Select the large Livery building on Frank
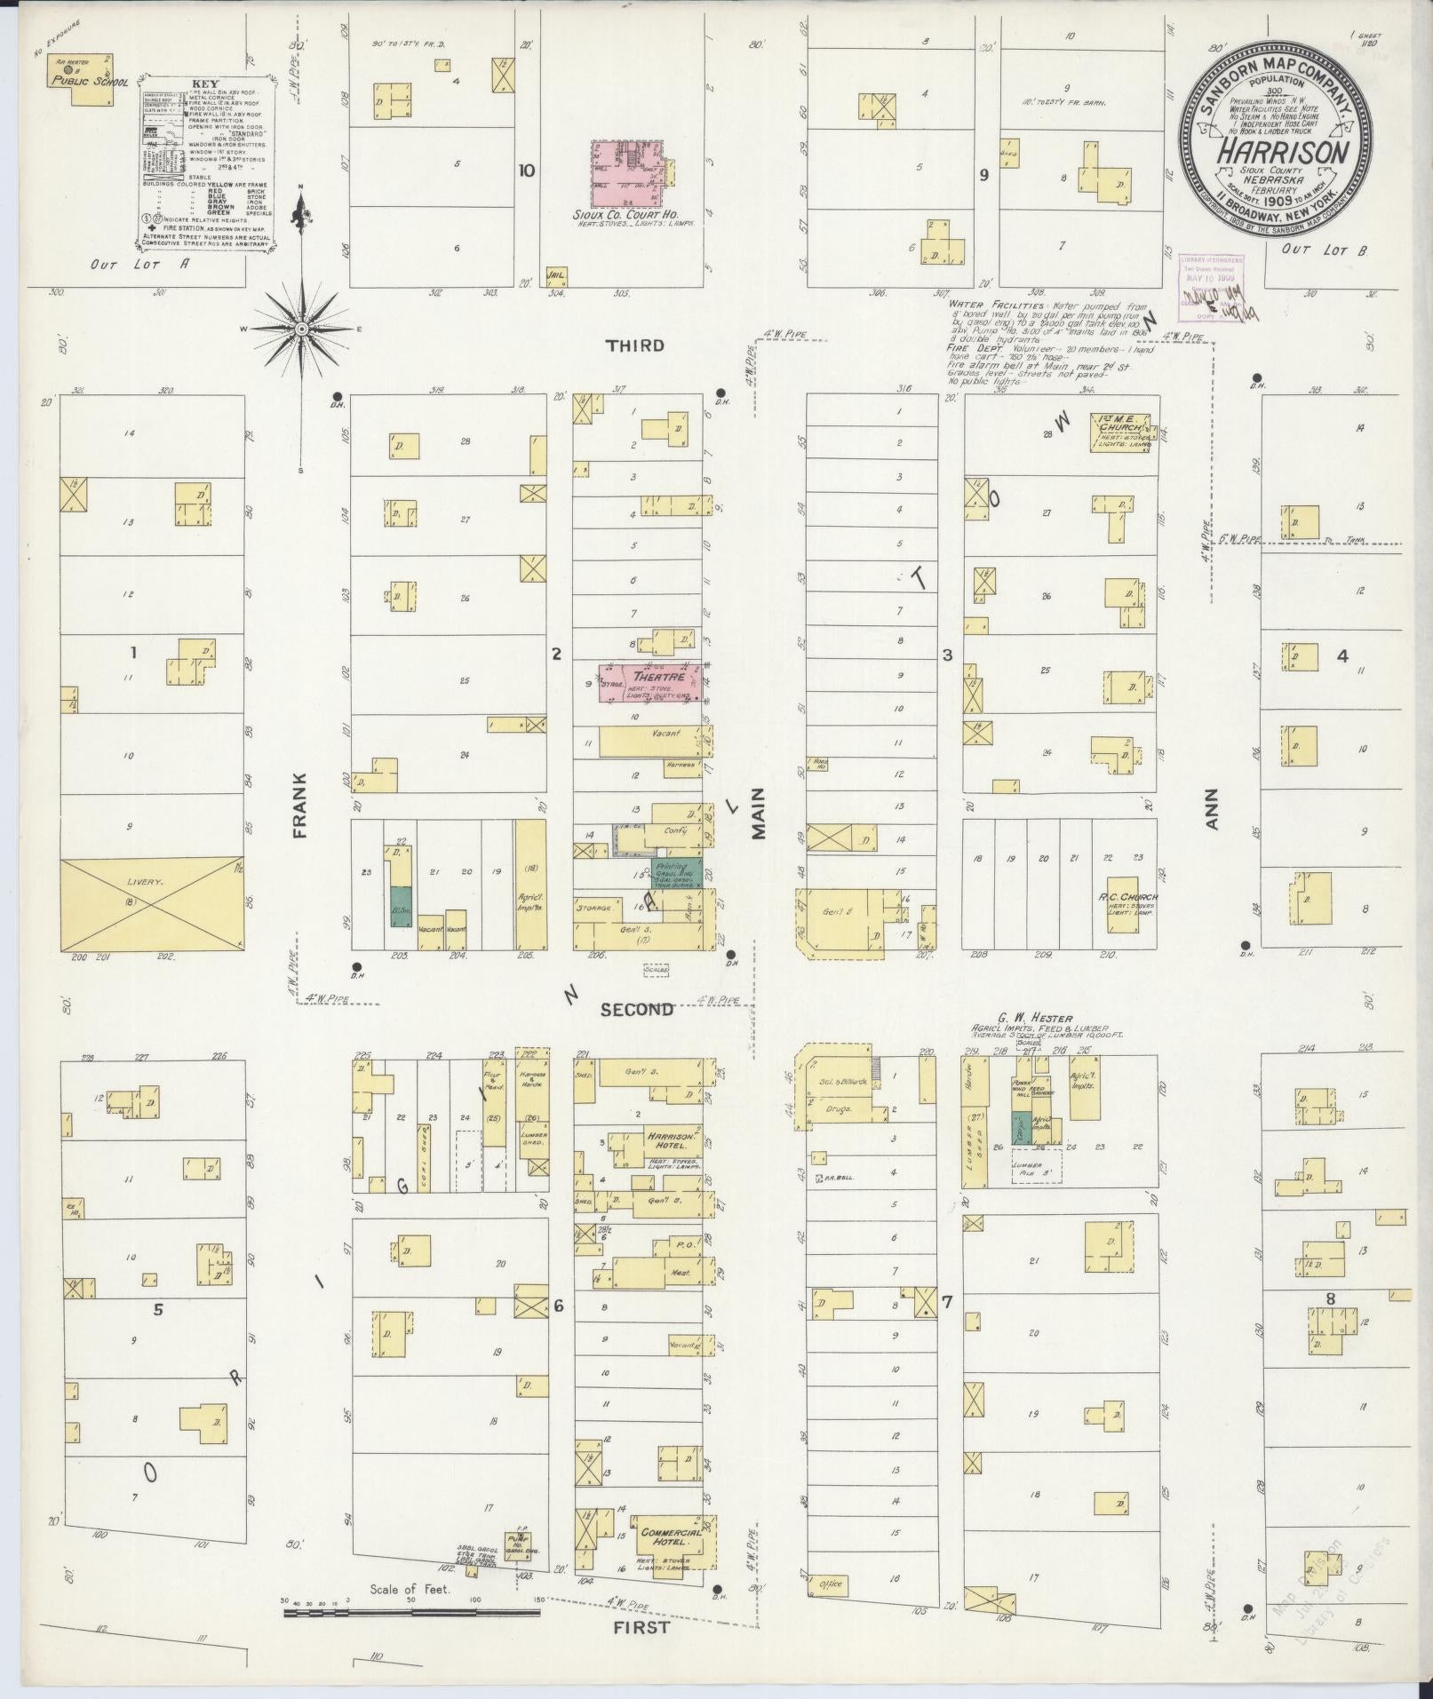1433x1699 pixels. (x=151, y=904)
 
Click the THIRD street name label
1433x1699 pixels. (x=635, y=345)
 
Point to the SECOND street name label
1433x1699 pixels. (x=636, y=1009)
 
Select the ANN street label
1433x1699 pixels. (x=1212, y=808)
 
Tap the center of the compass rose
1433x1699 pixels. (x=301, y=329)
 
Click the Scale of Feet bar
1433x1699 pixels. (x=410, y=1608)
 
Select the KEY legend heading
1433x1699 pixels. (x=206, y=84)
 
